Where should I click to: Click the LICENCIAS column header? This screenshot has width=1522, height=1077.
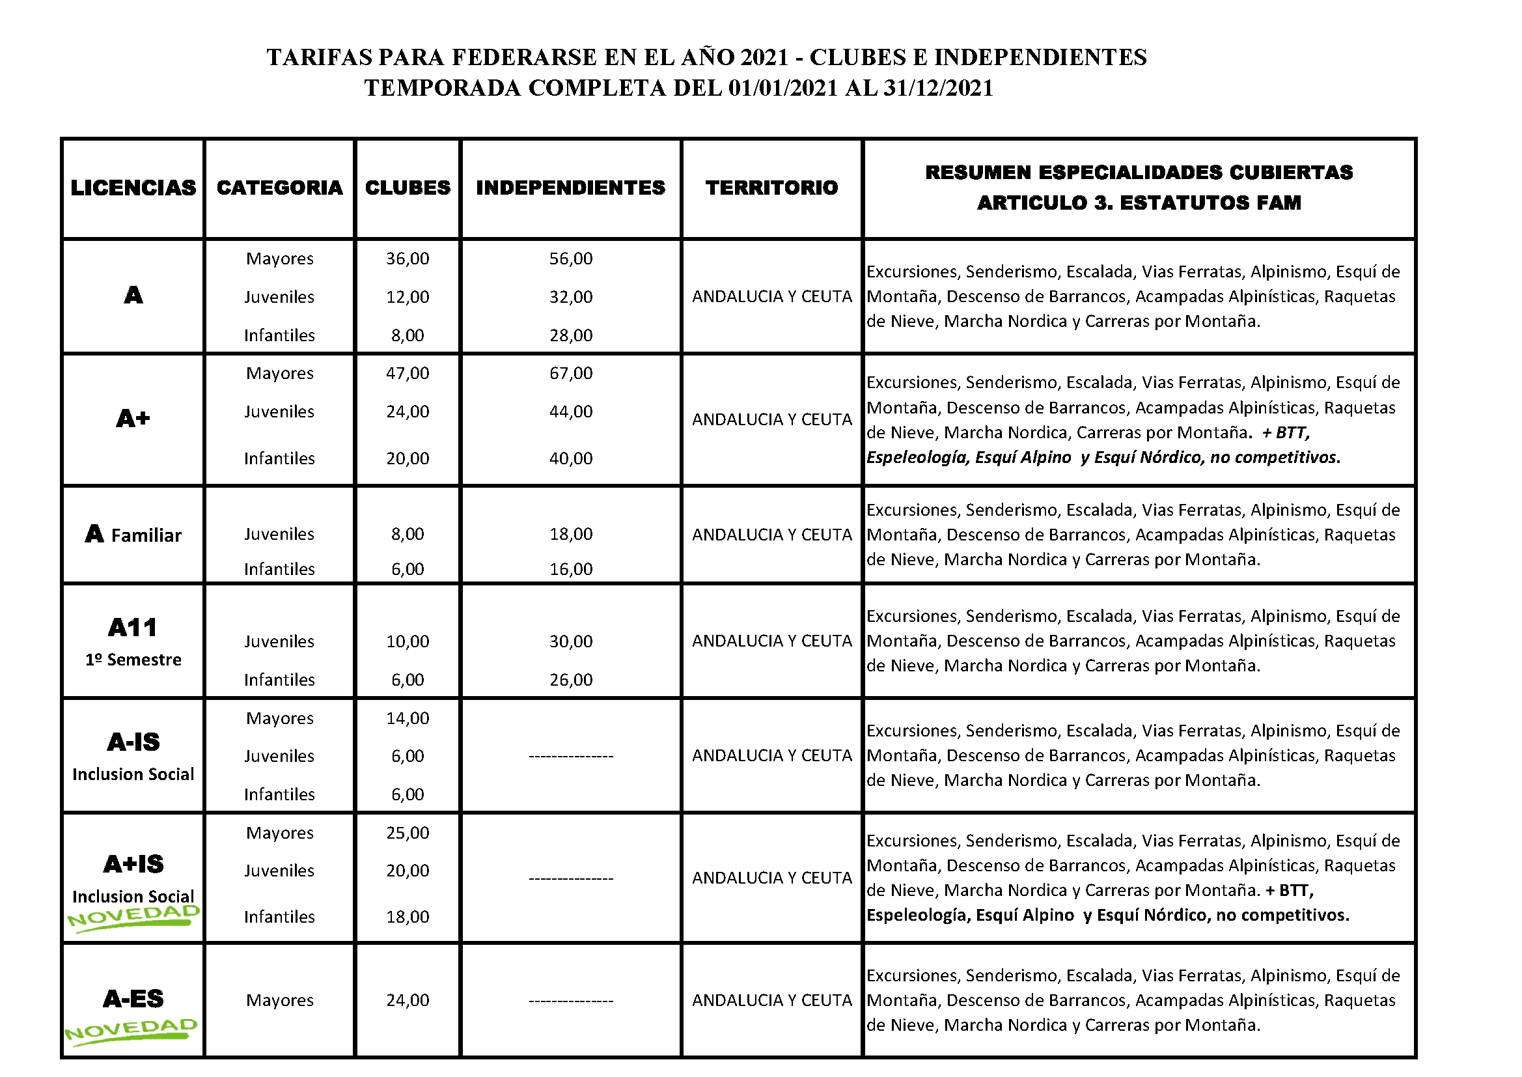point(133,188)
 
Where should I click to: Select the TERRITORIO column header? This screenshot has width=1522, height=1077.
point(771,188)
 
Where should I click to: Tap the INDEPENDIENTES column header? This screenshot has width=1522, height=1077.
point(570,188)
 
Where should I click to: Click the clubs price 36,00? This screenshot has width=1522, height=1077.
point(407,259)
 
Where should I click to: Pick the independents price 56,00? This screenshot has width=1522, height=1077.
point(570,259)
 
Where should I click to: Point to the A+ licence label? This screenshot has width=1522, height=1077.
point(133,419)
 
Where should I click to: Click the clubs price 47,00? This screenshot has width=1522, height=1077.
point(407,373)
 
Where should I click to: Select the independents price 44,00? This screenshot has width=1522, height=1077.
point(570,412)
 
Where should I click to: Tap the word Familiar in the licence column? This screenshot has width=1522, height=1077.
point(146,536)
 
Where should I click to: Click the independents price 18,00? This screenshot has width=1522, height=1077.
point(570,534)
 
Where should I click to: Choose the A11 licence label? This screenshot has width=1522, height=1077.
point(133,627)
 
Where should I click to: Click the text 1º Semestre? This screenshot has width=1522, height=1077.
point(133,660)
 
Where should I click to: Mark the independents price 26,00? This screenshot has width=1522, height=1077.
point(570,680)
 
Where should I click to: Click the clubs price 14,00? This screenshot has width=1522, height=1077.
point(407,718)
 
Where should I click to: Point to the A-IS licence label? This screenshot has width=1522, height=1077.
point(133,742)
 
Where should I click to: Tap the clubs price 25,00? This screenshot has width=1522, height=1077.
point(407,833)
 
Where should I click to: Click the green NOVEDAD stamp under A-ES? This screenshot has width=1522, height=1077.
point(131,1031)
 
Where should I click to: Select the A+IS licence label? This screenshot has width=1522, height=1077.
point(133,864)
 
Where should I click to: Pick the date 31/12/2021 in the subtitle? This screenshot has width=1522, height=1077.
point(938,88)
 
